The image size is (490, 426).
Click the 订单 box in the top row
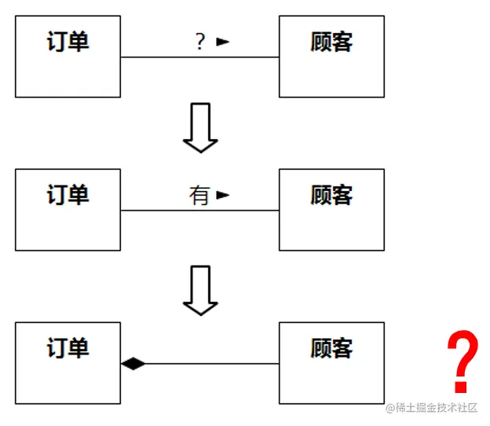click(68, 57)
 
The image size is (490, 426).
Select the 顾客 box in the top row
click(331, 57)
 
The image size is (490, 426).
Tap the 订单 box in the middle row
click(68, 210)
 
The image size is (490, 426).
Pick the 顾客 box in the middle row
click(331, 210)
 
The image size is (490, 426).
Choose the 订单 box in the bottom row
click(68, 362)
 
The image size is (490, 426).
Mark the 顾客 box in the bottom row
click(331, 362)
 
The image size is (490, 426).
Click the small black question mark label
click(200, 42)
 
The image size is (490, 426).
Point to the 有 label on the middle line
click(199, 195)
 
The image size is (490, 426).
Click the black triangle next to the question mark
click(223, 42)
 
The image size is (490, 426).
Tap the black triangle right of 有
click(223, 194)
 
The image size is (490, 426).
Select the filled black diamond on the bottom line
click(133, 363)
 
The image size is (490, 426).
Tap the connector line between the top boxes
click(173, 57)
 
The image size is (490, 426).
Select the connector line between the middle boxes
click(173, 210)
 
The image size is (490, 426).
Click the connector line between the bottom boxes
click(212, 363)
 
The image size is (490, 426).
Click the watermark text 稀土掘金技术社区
click(437, 407)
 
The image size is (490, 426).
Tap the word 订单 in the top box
click(68, 41)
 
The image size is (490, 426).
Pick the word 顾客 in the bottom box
click(331, 347)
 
